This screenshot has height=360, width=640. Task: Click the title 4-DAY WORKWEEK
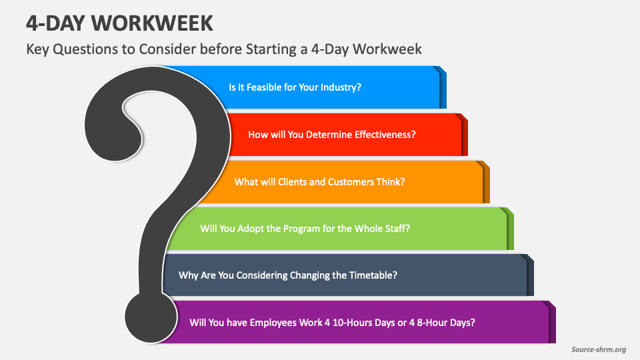click(119, 23)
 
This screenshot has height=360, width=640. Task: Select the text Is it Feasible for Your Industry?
click(295, 87)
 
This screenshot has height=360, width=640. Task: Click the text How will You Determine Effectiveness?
click(332, 135)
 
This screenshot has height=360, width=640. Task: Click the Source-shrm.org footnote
click(599, 349)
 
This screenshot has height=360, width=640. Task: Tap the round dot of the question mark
click(151, 317)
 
